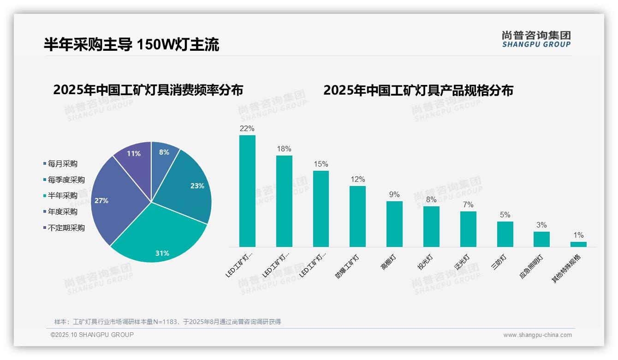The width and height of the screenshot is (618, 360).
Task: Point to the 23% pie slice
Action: (x=189, y=189)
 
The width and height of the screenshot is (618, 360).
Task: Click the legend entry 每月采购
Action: (x=62, y=164)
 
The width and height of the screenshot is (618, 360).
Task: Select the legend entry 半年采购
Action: (x=62, y=196)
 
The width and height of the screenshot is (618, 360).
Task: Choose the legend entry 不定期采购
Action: (x=66, y=228)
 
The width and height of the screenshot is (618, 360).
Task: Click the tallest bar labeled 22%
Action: (x=247, y=191)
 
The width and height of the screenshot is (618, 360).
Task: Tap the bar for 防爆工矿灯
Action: (x=357, y=216)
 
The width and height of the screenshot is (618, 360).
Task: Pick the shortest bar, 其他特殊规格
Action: (x=578, y=244)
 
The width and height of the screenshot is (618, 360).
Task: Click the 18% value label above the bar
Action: (x=284, y=149)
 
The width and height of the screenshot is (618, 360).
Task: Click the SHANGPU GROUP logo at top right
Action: (x=536, y=39)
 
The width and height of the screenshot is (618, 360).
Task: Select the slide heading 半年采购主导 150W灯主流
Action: (x=131, y=44)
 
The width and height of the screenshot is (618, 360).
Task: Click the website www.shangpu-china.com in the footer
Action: (x=537, y=335)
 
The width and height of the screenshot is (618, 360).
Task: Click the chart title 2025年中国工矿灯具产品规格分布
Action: (x=418, y=90)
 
